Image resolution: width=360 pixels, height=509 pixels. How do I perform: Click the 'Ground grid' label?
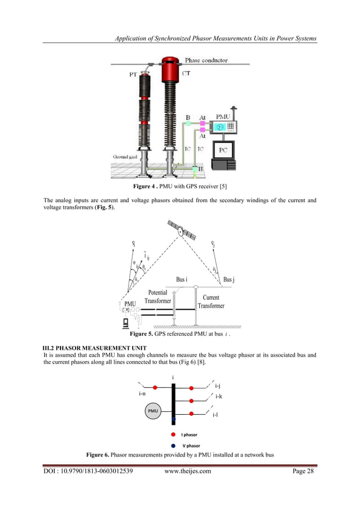(x=126, y=156)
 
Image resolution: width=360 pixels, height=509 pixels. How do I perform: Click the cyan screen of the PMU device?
(x=218, y=128)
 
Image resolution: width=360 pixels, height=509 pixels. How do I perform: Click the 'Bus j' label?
(x=229, y=280)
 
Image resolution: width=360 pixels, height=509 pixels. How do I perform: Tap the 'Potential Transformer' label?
(x=157, y=297)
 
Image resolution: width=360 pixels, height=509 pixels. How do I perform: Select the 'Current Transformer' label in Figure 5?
(x=211, y=301)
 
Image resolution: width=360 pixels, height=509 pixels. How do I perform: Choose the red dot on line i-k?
(x=192, y=401)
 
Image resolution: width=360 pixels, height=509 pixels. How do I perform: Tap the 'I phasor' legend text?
(x=190, y=435)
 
